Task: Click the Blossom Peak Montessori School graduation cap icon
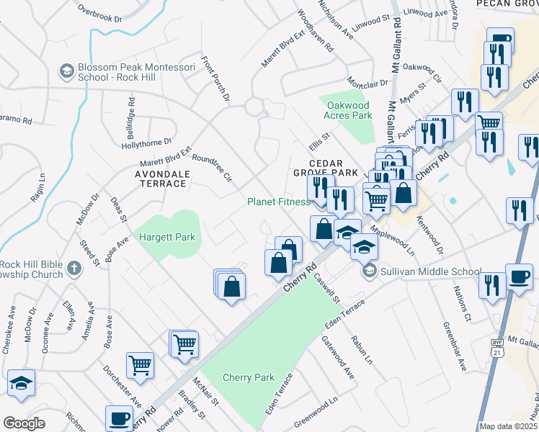[x=66, y=71]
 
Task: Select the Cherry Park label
[x=249, y=377]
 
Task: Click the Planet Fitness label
[x=278, y=202]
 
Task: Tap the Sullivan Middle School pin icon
[x=370, y=271]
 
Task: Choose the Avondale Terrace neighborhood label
[x=162, y=179]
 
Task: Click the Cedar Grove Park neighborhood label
[x=325, y=168]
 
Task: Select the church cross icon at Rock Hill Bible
[x=73, y=269]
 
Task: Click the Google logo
[x=24, y=423]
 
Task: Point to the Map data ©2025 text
[x=508, y=426]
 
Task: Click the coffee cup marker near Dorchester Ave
[x=119, y=418]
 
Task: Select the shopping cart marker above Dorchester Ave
[x=139, y=364]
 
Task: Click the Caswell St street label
[x=326, y=287]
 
